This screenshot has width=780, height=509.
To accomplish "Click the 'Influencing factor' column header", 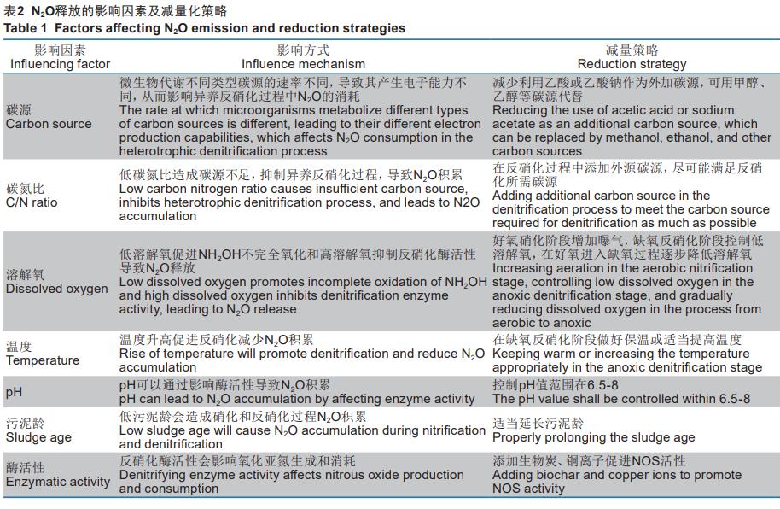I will coord(60,64).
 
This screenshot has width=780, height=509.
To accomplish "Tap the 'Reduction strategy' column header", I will coord(632,64).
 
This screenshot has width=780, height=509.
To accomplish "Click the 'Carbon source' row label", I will coord(49,124).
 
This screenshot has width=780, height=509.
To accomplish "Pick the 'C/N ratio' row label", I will coord(32,202).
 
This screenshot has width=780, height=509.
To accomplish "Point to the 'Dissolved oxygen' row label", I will coord(56,289).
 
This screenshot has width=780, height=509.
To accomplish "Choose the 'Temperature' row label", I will coord(43,360).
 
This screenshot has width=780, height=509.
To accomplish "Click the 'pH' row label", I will coord(14,392).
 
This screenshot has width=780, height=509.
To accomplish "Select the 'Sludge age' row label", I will coord(38,437).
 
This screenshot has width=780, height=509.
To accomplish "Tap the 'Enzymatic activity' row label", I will coord(58,482).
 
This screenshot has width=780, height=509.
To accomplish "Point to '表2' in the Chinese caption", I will coord(15,11).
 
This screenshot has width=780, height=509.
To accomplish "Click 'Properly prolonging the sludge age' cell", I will coord(593,437).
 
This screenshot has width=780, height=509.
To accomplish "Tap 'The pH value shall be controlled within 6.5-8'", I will coord(621,399).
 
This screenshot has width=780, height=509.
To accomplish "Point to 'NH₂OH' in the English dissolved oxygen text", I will coord(465,282).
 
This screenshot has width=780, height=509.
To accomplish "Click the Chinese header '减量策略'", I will coord(632,50).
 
